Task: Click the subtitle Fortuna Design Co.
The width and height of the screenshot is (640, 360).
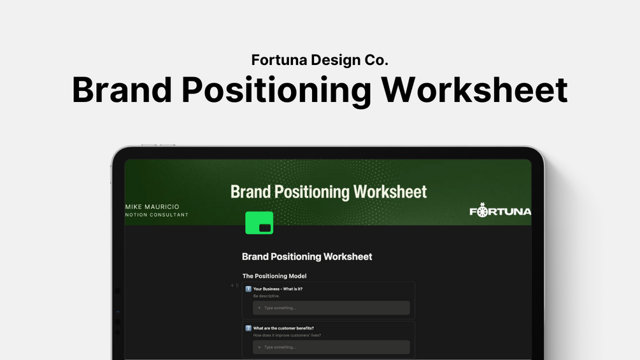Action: click(320, 60)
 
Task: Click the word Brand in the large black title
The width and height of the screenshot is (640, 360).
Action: click(122, 90)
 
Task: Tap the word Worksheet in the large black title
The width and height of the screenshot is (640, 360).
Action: click(474, 90)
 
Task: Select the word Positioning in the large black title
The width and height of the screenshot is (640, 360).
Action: click(276, 92)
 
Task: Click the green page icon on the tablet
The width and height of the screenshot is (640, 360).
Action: click(259, 223)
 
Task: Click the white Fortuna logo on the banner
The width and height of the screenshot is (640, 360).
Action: click(500, 210)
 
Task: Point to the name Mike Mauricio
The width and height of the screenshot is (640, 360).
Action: click(152, 207)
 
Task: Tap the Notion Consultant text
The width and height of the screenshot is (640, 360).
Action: click(157, 215)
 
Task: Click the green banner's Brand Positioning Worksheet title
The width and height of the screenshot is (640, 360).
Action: click(329, 192)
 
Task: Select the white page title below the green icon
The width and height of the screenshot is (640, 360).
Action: click(307, 257)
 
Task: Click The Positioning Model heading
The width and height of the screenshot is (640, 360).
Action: click(274, 276)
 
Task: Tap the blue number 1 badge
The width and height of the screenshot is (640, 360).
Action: click(248, 289)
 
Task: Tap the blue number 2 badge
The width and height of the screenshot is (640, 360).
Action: click(248, 328)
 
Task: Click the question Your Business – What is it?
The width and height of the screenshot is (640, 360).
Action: click(278, 289)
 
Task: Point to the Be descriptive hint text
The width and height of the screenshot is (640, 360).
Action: click(267, 296)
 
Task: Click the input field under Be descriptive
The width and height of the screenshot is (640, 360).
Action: click(331, 308)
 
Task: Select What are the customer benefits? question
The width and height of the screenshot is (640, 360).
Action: click(283, 328)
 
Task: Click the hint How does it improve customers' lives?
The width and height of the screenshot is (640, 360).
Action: click(287, 335)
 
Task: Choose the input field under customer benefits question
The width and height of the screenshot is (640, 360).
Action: click(331, 347)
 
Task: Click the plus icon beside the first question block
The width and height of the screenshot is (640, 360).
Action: click(232, 285)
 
